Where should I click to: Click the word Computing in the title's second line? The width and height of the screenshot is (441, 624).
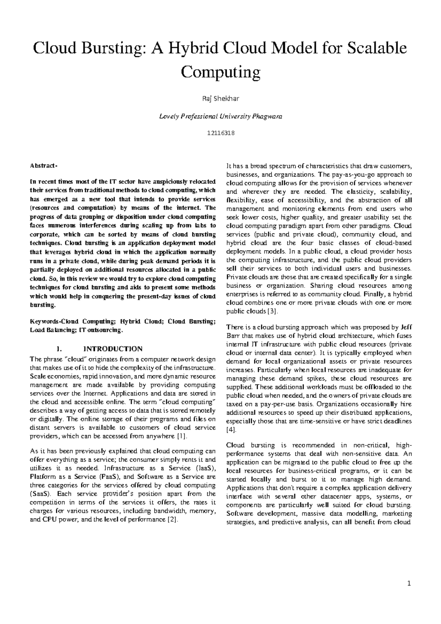220,72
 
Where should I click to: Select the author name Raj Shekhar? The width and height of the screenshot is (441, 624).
220,98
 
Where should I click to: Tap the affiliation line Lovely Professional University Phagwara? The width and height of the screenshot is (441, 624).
220,116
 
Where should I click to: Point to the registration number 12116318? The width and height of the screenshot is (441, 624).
220,133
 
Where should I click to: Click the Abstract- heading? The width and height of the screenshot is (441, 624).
43,166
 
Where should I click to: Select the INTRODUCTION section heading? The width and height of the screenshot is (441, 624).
113,349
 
